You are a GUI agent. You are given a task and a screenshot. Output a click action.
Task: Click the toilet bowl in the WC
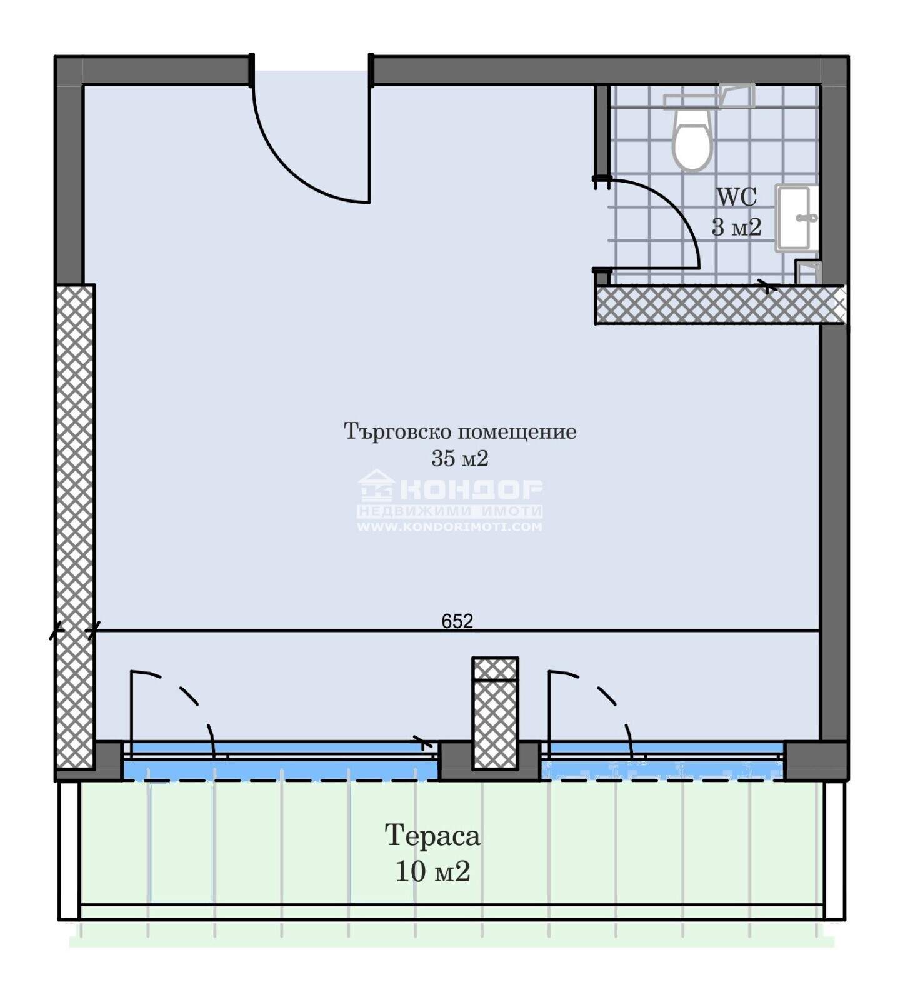[692, 140]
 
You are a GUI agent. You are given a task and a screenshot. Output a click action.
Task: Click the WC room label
[736, 197]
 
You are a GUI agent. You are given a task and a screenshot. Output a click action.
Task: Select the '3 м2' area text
[736, 227]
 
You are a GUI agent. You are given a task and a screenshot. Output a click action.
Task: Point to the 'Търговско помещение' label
[460, 431]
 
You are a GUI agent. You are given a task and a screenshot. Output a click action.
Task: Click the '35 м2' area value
[459, 459]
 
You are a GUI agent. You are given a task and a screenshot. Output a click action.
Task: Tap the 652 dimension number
[457, 621]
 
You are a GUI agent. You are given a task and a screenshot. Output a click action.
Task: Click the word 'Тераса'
[432, 836]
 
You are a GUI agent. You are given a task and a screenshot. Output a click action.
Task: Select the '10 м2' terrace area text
[432, 871]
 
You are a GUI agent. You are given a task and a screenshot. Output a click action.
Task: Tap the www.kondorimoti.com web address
[449, 527]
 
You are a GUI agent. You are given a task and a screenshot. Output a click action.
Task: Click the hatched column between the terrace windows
[496, 713]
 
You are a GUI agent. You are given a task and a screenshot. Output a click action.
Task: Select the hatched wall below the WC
[720, 305]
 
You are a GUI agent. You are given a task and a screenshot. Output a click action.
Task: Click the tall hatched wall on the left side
[75, 526]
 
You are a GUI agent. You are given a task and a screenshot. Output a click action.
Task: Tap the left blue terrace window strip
[280, 761]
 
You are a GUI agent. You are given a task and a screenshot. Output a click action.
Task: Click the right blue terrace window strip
[662, 761]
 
